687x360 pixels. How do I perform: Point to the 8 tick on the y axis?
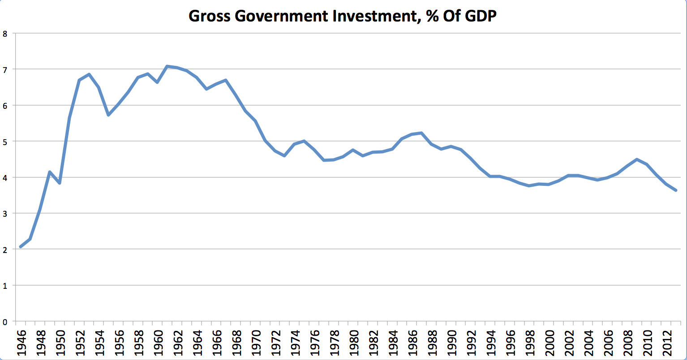point(5,34)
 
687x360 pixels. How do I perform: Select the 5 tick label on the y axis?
point(5,141)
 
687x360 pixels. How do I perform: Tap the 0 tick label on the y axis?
point(5,321)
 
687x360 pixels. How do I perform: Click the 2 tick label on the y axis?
point(5,249)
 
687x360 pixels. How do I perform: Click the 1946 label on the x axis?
point(21,342)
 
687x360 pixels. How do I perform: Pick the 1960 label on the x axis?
point(158,342)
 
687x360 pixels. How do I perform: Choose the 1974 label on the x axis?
point(294,342)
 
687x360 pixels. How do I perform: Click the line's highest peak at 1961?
point(167,66)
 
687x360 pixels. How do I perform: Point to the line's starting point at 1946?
point(21,247)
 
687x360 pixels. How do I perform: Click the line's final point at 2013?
point(676,190)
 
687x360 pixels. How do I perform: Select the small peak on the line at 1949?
point(50,172)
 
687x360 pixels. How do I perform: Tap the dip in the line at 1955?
point(108,115)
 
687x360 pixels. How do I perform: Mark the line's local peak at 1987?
point(421,133)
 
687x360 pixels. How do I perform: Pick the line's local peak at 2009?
point(636,159)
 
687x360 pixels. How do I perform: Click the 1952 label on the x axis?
point(79,342)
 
